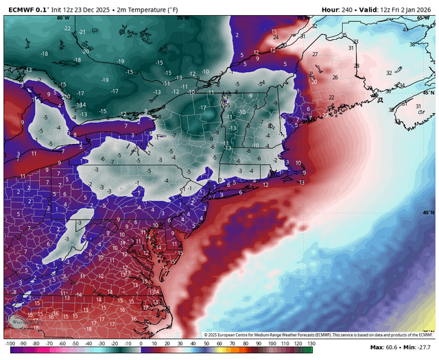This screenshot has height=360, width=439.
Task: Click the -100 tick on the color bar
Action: (x=10, y=343)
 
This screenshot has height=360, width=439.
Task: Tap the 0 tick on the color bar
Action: (x=140, y=343)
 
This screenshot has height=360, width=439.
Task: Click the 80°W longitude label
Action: (x=64, y=18)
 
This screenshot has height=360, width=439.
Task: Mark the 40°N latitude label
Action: (x=428, y=213)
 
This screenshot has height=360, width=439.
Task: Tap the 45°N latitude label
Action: (x=428, y=92)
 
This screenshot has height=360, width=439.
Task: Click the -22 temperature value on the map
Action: (x=67, y=28)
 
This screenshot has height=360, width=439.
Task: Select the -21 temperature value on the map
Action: (x=82, y=32)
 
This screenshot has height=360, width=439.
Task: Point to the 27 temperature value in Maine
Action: (x=315, y=53)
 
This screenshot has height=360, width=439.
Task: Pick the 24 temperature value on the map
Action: (x=275, y=37)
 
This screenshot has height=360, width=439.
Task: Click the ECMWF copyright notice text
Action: (x=319, y=334)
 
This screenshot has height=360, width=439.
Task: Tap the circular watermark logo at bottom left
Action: (x=19, y=322)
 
